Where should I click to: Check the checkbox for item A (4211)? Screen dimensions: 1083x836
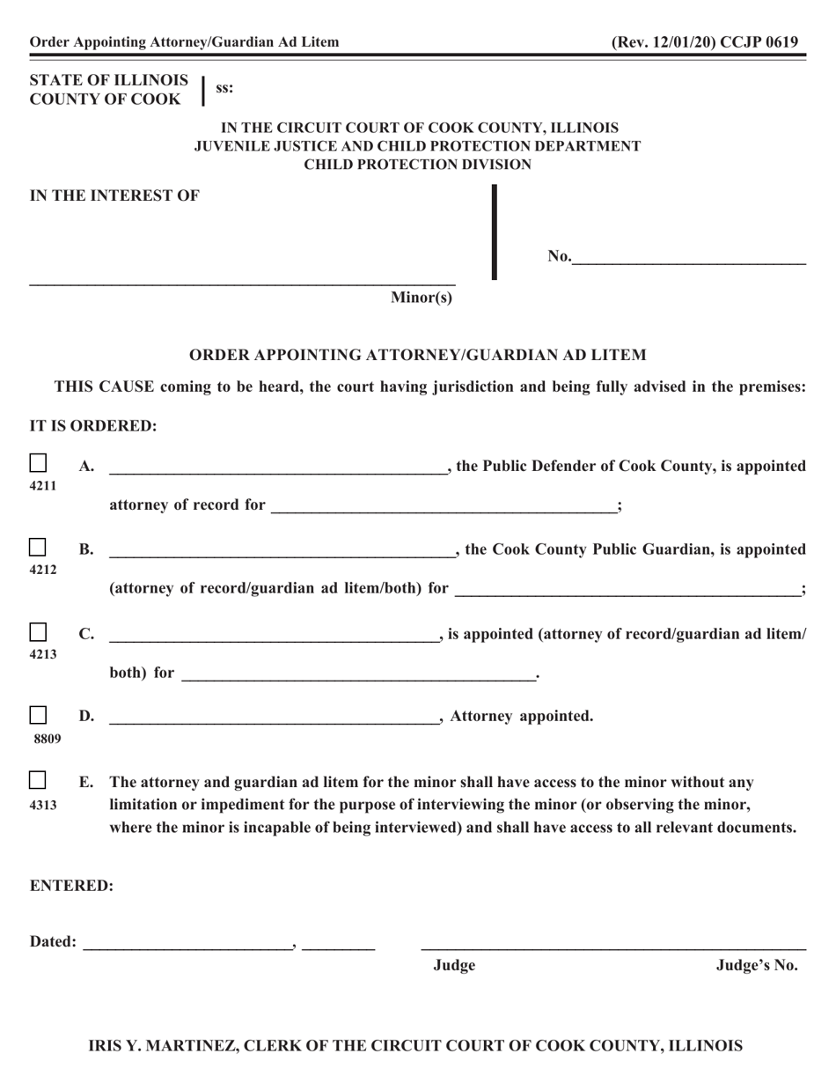click(39, 463)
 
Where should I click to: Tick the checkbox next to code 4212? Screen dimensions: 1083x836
click(39, 548)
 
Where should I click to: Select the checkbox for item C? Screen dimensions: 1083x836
click(39, 632)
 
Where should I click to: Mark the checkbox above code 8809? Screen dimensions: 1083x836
click(39, 714)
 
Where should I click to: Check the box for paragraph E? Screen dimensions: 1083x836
click(39, 780)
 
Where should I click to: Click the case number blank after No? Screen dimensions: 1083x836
click(688, 258)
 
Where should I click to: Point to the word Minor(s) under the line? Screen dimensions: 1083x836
click(422, 298)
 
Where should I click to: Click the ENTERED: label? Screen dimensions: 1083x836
click(71, 886)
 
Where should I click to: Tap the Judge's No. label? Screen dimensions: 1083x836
click(757, 965)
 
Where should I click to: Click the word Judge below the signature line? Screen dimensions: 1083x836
click(454, 965)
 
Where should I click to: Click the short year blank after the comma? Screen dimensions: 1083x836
click(339, 943)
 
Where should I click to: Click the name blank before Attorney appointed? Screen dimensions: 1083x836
click(274, 717)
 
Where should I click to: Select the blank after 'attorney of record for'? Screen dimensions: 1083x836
click(444, 506)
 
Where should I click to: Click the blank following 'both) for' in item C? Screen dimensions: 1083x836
click(357, 674)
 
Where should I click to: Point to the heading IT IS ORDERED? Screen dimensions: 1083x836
click(93, 426)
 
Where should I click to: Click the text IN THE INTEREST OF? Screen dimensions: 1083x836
click(114, 196)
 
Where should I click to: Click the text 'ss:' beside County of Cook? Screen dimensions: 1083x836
click(224, 88)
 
